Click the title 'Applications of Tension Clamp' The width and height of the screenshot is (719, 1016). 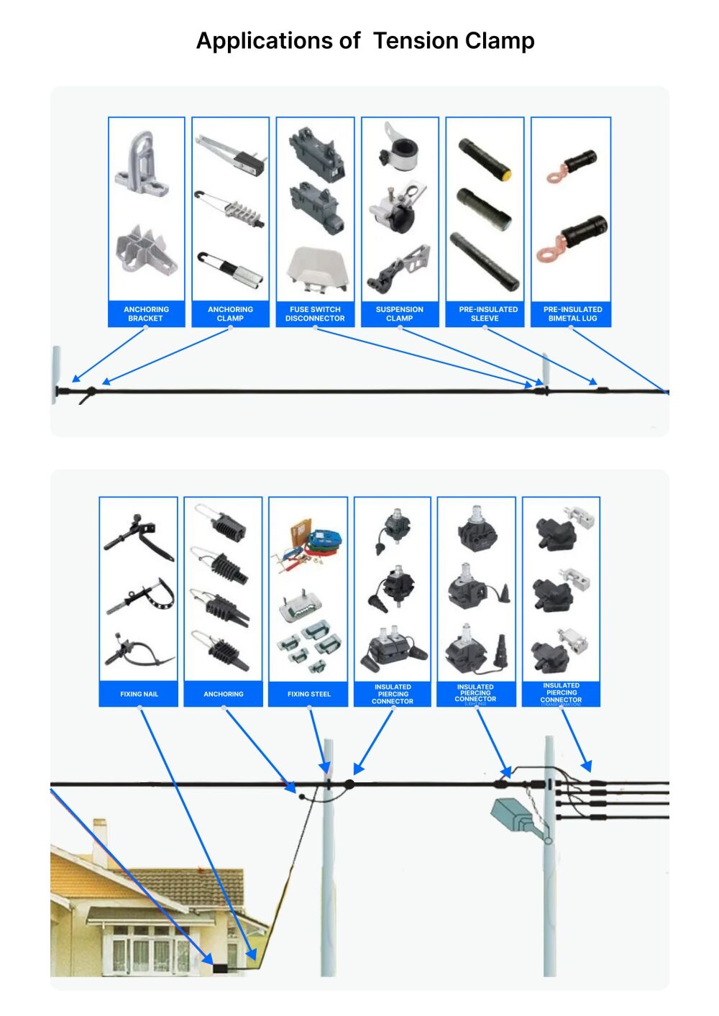click(x=365, y=41)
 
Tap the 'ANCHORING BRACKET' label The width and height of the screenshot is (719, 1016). click(x=146, y=314)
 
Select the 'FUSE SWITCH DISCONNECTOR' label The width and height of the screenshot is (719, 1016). click(x=315, y=314)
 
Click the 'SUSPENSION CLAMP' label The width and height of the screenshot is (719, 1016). click(x=399, y=314)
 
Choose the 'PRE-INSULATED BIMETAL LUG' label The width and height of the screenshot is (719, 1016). click(x=572, y=314)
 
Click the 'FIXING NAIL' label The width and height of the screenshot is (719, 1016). click(x=139, y=694)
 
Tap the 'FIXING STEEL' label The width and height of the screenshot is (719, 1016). click(x=308, y=694)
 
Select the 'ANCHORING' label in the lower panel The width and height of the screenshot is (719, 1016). click(x=223, y=694)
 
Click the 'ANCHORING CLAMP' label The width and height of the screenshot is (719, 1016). click(x=230, y=314)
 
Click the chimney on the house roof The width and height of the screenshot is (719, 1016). click(x=99, y=834)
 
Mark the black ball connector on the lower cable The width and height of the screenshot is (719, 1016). click(x=350, y=784)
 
